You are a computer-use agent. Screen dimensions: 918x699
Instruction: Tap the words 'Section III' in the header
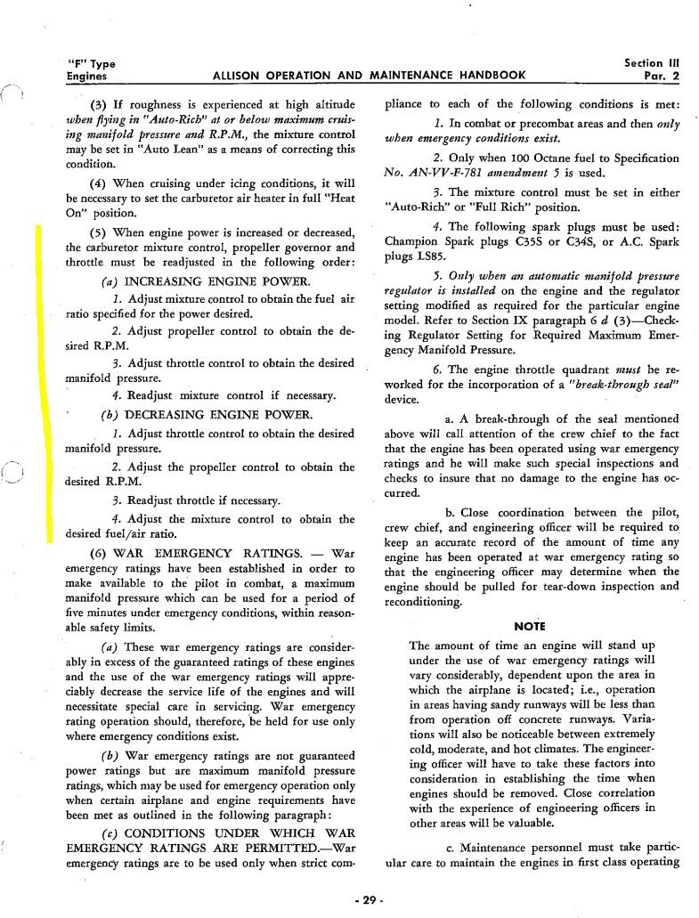point(655,63)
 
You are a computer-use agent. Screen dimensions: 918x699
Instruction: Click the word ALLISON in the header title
point(241,76)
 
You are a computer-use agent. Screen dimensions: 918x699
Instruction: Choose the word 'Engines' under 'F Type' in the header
point(87,76)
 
